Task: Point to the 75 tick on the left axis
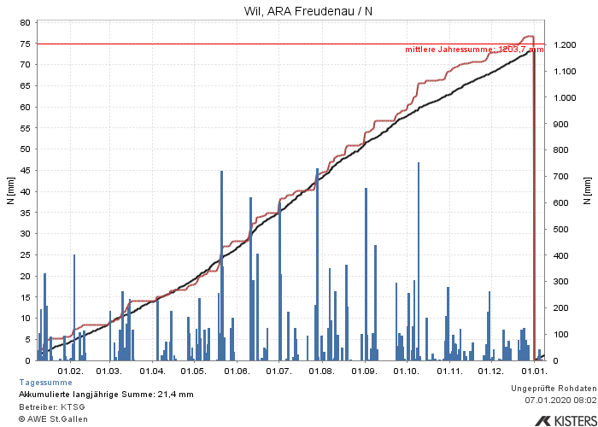[x=26, y=44]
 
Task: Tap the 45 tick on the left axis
[x=26, y=170]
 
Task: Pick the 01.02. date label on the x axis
[x=70, y=371]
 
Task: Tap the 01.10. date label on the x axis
[x=407, y=371]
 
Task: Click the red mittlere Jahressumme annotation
[x=474, y=50]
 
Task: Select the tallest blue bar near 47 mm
[x=419, y=256]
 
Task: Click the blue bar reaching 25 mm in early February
[x=74, y=307]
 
